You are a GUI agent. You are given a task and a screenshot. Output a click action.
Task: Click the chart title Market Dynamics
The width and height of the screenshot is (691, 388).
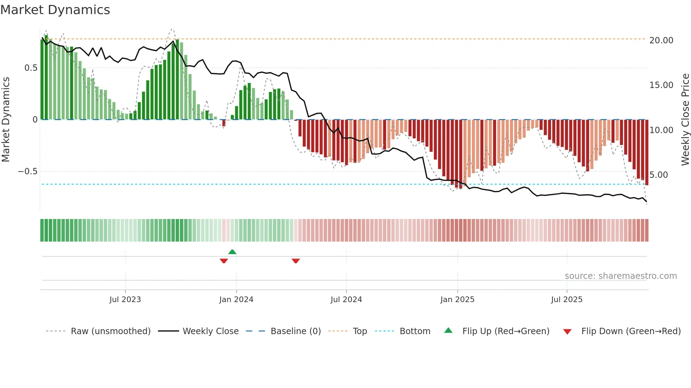pos(55,10)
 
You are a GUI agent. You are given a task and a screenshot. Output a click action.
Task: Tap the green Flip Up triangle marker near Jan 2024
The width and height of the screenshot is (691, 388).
pos(232,252)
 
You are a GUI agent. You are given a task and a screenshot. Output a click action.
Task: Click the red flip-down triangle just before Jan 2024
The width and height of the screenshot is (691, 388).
pos(224,261)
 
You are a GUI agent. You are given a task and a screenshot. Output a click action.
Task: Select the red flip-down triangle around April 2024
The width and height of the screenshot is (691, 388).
pos(296,261)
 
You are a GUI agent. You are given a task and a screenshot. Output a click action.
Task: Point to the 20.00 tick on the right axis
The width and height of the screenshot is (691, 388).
pos(661,40)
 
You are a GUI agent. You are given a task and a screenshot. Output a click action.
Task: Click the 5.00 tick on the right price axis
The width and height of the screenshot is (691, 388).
pos(659,175)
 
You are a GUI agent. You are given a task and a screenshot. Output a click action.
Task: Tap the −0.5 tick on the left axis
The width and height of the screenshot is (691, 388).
pos(27,171)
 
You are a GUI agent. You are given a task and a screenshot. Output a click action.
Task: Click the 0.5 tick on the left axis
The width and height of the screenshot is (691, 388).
pos(31,68)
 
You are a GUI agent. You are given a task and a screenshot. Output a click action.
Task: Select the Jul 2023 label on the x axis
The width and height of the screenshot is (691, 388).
pos(125,300)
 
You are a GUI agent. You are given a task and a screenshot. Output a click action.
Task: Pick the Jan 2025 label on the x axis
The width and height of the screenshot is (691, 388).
pos(457,300)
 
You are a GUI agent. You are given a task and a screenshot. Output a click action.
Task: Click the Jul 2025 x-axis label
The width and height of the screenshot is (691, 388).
pos(567,300)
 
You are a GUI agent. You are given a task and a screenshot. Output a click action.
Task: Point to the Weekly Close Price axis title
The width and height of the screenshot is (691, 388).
pos(685,119)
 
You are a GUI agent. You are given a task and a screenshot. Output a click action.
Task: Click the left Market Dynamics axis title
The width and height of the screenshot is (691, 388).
pos(6,119)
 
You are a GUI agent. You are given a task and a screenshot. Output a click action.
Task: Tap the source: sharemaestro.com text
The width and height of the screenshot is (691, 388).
pos(620,276)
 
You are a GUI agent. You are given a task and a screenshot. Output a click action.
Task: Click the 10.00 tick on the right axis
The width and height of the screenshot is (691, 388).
pos(661,130)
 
